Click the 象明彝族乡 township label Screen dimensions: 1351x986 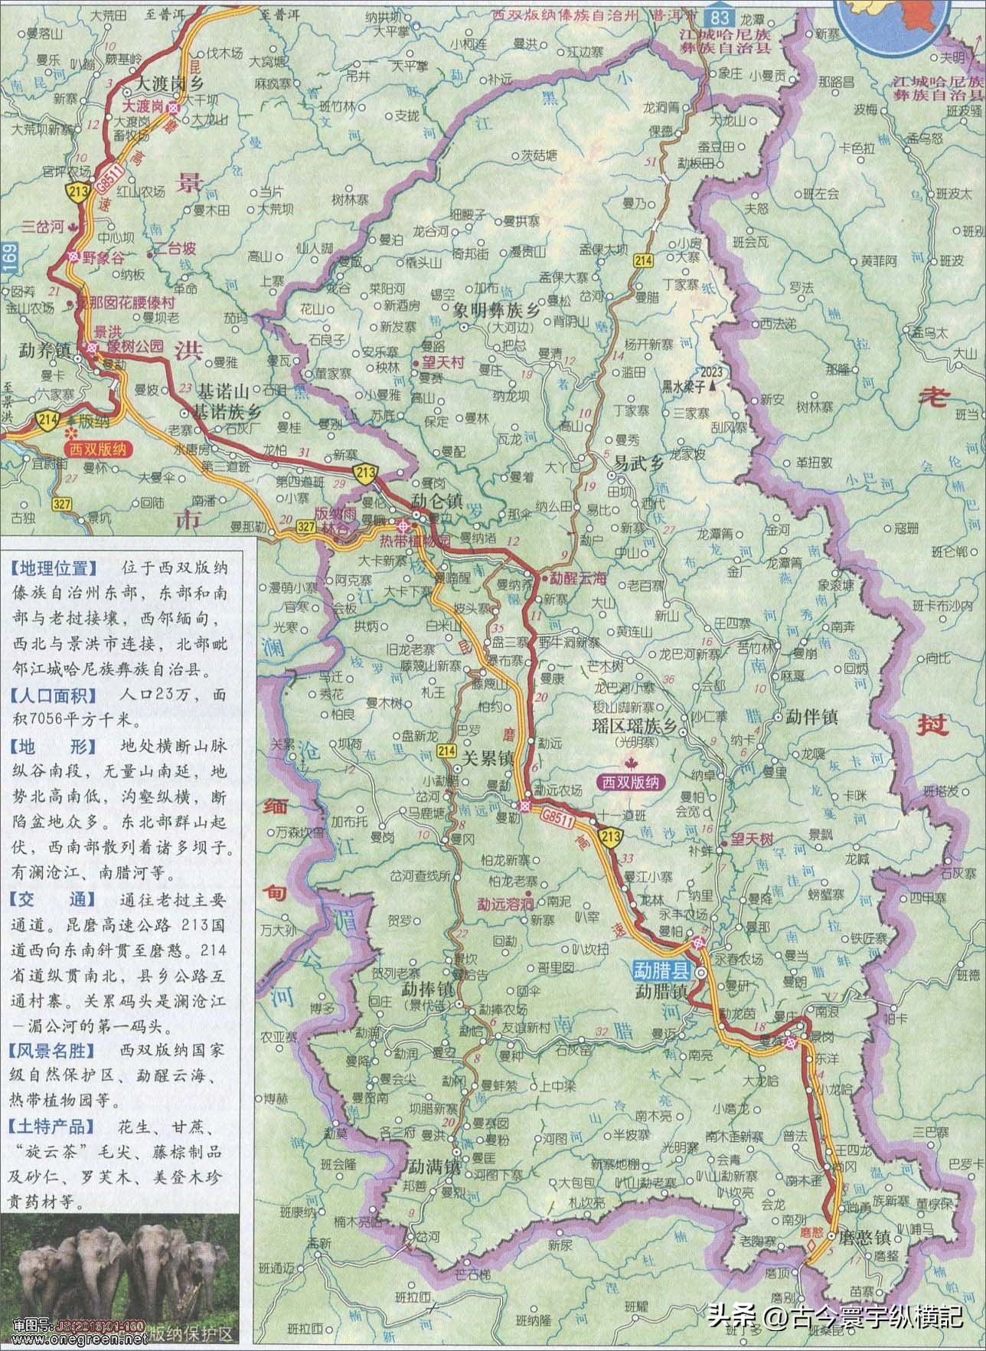(x=495, y=312)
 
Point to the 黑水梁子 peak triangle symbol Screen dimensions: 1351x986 (x=713, y=388)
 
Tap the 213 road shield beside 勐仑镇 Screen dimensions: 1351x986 (x=364, y=475)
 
